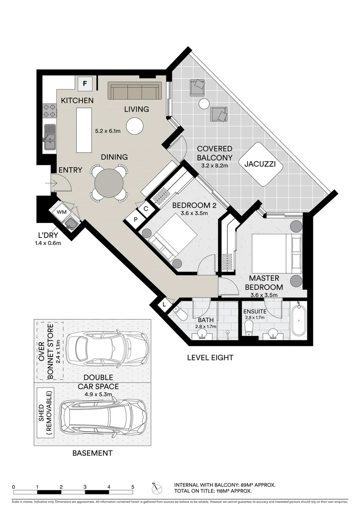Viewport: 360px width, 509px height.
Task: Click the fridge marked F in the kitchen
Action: click(x=85, y=84)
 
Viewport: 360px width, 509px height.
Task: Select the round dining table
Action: click(x=109, y=182)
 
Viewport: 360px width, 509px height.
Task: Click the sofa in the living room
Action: click(x=135, y=91)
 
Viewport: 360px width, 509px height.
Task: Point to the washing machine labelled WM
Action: click(x=61, y=212)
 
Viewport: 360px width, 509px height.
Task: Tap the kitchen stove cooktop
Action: click(x=49, y=110)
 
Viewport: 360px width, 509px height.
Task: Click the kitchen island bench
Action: click(x=84, y=129)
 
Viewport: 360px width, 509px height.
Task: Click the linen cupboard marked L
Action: click(x=164, y=305)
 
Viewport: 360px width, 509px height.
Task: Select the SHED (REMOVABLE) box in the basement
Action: click(x=48, y=413)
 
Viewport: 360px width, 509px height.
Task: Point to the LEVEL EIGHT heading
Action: click(x=210, y=358)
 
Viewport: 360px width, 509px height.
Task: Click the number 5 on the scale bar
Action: click(x=133, y=487)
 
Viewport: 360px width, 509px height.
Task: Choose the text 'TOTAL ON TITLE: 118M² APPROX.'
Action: click(x=213, y=491)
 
